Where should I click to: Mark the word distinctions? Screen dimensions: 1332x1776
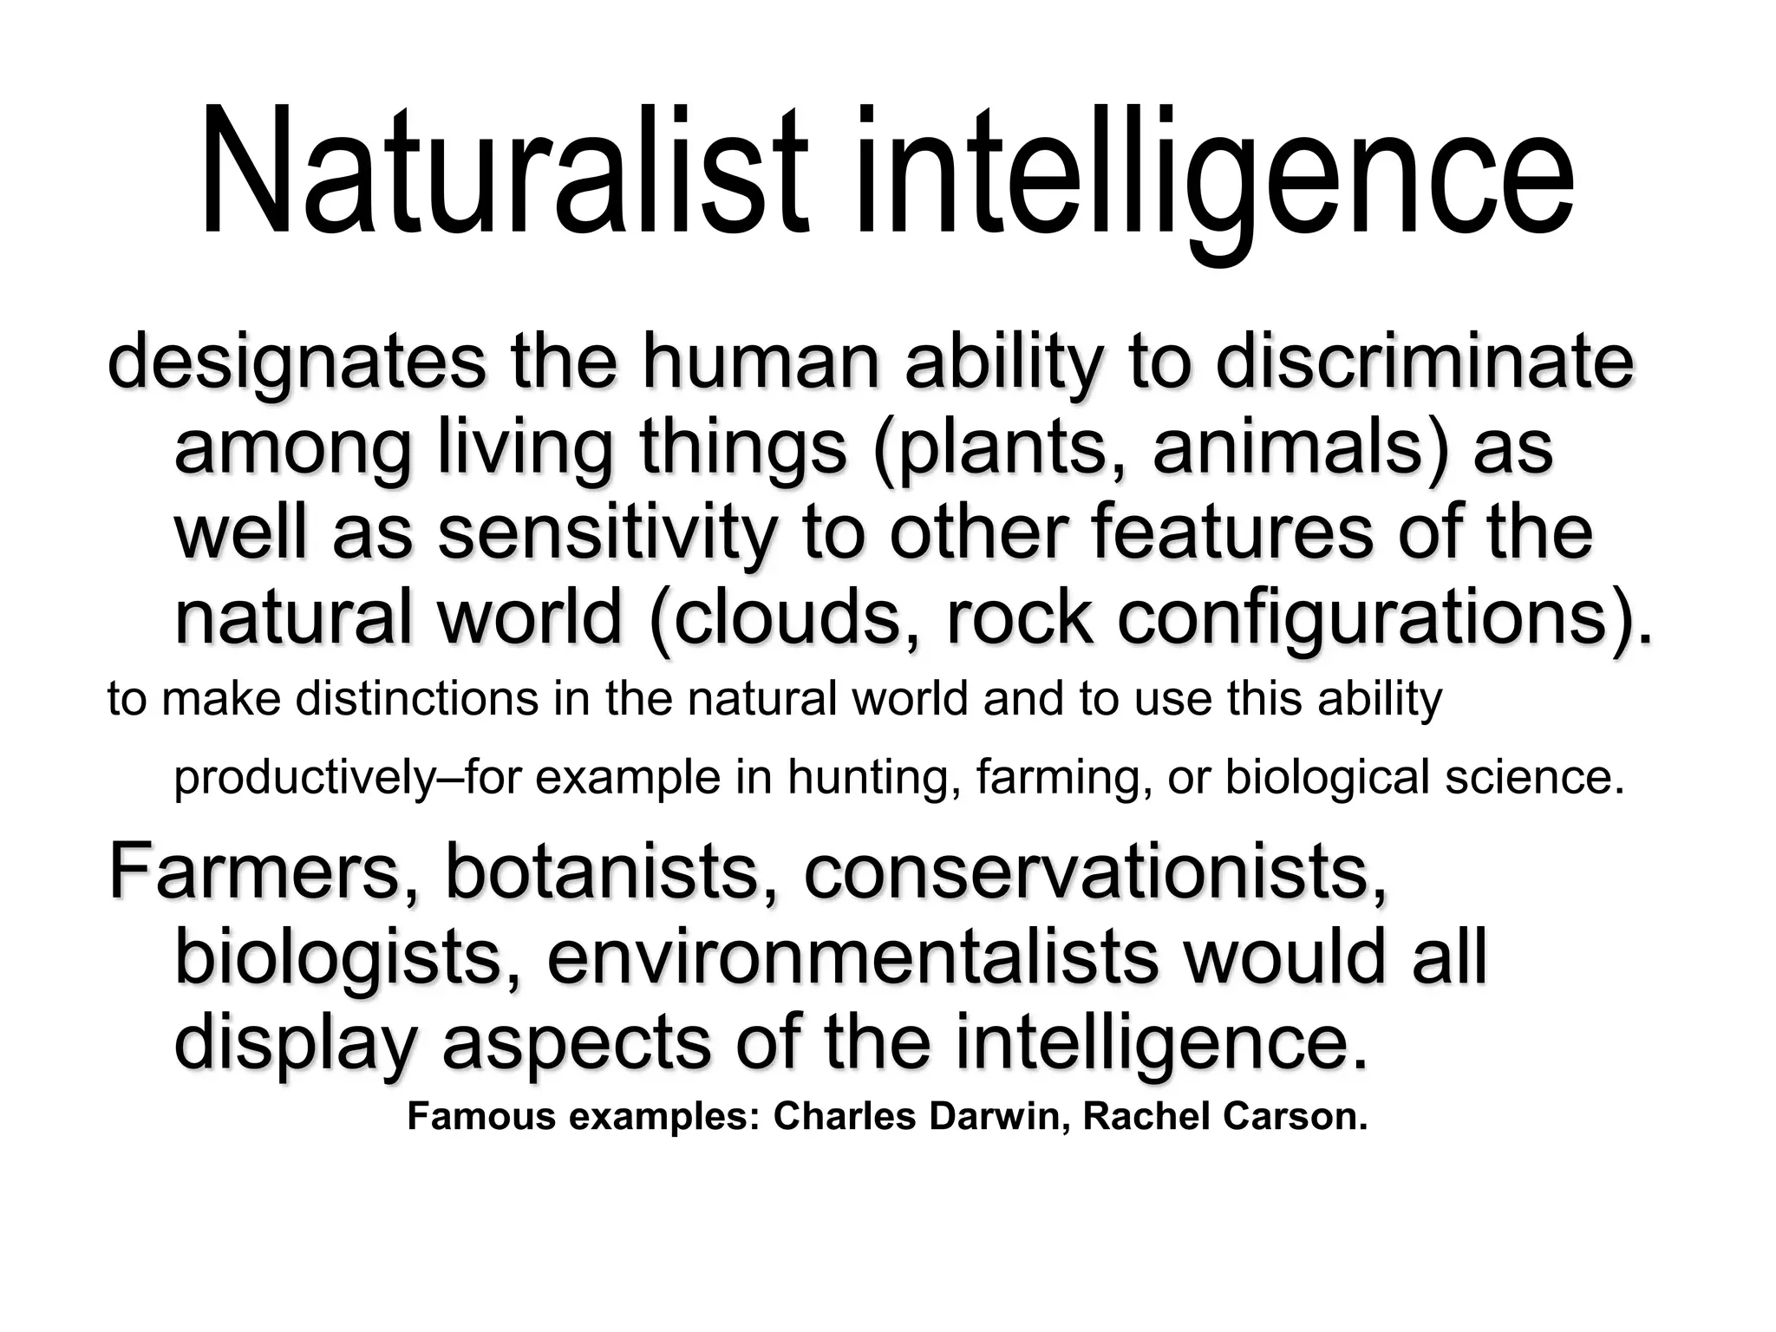coord(417,699)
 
